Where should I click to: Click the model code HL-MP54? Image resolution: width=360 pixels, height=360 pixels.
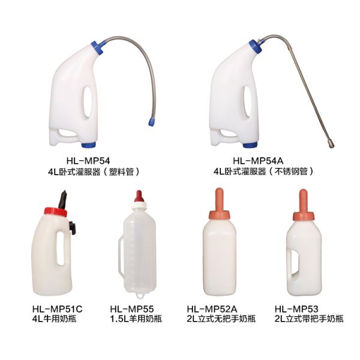88,161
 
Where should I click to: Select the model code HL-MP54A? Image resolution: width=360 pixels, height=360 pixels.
258,161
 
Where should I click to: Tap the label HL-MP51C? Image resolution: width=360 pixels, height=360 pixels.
57,309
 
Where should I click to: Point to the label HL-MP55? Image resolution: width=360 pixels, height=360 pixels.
132,309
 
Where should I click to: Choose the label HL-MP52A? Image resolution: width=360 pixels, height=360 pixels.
212,309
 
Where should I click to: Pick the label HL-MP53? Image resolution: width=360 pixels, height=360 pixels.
296,309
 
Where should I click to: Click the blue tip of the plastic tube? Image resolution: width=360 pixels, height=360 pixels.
151,121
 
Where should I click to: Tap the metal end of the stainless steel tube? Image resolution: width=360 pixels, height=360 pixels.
330,144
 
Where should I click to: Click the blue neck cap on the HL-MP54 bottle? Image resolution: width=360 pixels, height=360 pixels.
97,48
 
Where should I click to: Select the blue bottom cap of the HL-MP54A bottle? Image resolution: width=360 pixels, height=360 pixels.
250,145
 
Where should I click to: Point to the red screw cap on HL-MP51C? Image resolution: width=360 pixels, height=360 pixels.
56,212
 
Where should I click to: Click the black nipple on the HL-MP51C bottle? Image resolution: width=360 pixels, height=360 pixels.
62,200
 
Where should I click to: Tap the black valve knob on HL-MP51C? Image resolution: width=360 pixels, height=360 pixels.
72,227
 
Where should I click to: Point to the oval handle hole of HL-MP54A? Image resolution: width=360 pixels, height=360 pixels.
247,101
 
